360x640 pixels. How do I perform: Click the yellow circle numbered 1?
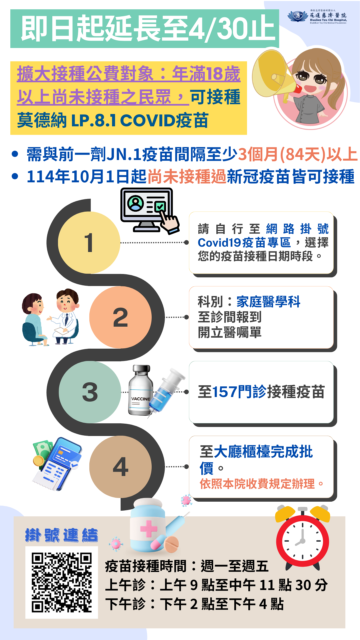(89, 243)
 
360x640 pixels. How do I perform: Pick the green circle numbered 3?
(90, 392)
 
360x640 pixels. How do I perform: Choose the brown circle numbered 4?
(120, 467)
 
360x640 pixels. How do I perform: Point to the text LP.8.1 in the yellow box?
(93, 121)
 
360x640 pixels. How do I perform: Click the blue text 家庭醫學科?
(268, 302)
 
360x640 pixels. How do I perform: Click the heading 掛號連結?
(62, 535)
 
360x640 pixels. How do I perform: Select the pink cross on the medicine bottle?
(149, 529)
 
